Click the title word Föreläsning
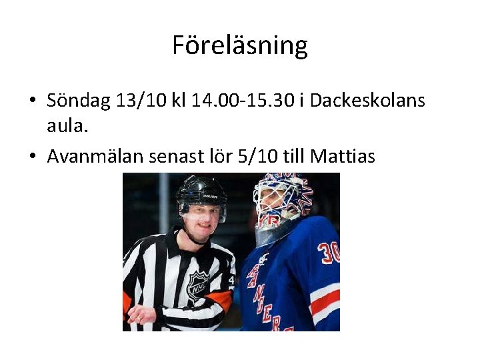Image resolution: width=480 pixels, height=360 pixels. (240, 45)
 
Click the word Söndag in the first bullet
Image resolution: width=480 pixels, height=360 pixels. (79, 101)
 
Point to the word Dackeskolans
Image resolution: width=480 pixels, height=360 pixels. (367, 101)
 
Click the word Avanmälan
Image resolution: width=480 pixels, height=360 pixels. (98, 157)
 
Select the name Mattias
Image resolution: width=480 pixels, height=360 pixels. (343, 157)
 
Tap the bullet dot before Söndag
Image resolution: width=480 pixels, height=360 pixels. (32, 102)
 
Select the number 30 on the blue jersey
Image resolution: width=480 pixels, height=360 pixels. (327, 253)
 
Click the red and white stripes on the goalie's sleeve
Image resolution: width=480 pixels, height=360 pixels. (325, 303)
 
